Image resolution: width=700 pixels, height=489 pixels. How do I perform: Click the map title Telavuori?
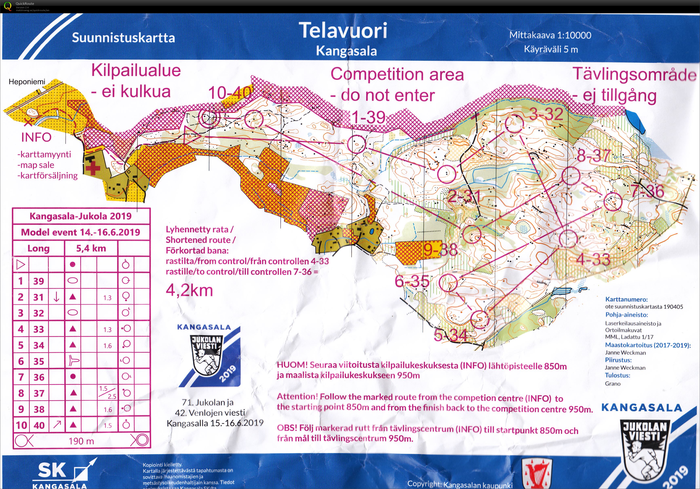(343, 31)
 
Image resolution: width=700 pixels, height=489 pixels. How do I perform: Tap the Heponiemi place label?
(27, 82)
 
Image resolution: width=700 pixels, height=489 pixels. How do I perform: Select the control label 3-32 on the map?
(546, 114)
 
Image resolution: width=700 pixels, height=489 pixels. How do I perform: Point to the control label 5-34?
(451, 336)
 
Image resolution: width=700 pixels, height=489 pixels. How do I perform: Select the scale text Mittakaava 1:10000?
(550, 35)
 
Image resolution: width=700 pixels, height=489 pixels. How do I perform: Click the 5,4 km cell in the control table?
(91, 248)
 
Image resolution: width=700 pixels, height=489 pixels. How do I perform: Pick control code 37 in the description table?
(39, 393)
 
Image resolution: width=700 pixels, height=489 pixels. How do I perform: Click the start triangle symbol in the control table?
(20, 264)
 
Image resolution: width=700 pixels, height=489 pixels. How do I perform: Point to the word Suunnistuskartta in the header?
(123, 38)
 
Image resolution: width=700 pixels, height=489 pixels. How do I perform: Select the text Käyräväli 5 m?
(551, 49)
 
